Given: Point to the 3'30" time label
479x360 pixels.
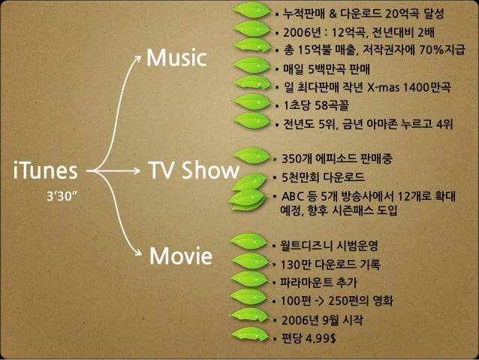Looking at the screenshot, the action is click(x=64, y=197).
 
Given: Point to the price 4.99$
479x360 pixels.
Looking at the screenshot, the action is click(x=320, y=336).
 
